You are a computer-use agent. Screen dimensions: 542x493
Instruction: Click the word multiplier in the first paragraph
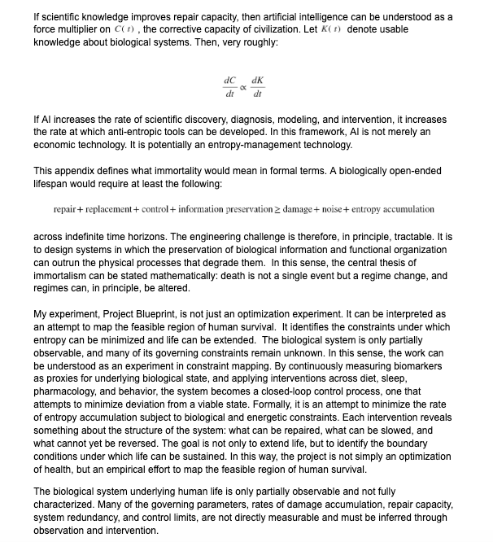tap(89, 29)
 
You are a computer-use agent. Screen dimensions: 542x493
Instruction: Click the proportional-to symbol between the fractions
tap(243, 87)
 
